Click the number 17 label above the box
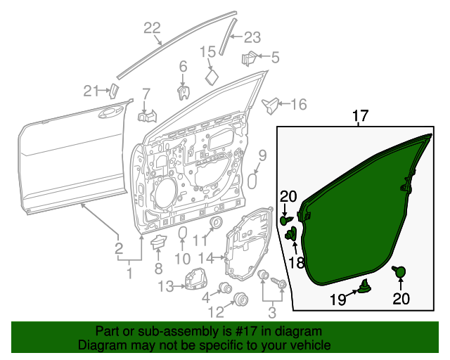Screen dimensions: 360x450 360,115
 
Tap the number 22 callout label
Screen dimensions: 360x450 153,28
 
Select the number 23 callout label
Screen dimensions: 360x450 252,37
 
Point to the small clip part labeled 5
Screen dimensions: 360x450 250,57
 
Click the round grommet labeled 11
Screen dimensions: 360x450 216,224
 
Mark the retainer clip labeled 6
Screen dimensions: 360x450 183,91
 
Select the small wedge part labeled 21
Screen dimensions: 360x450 112,89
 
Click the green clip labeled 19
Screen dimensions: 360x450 365,285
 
